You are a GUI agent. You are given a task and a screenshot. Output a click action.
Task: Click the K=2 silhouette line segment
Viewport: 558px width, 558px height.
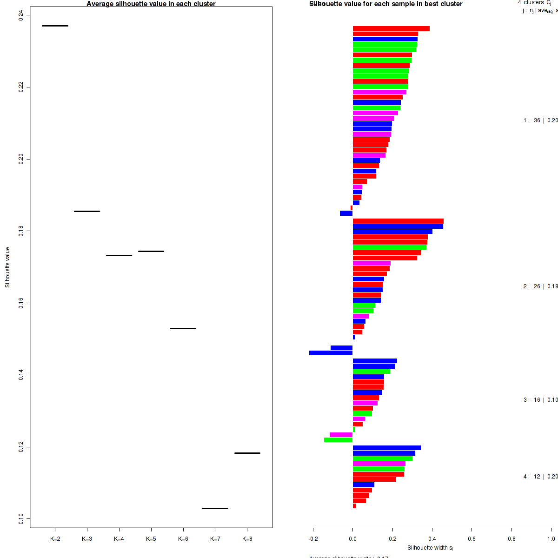click(55, 26)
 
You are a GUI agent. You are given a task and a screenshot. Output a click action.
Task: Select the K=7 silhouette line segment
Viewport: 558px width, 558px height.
click(215, 508)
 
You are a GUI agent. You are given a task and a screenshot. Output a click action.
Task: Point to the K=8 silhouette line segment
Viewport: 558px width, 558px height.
click(247, 453)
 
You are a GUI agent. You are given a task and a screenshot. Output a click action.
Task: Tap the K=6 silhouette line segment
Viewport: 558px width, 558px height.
click(183, 328)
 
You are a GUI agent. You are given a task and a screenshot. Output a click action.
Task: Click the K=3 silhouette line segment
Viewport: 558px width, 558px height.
click(87, 211)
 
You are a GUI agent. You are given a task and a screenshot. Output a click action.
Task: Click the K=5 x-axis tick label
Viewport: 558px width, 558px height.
click(151, 539)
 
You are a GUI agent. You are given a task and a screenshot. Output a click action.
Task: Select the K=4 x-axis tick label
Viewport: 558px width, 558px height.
click(119, 539)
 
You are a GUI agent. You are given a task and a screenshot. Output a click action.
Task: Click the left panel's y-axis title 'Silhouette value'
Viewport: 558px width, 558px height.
click(7, 267)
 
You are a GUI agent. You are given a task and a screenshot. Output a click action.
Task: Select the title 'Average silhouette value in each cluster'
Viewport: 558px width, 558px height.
click(151, 4)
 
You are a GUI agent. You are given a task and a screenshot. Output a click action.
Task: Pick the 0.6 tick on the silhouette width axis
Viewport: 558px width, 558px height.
click(472, 539)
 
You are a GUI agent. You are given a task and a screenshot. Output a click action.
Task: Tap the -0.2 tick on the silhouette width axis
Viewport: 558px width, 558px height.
click(313, 539)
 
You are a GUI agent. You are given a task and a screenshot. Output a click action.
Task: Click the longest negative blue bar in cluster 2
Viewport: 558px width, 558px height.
click(331, 353)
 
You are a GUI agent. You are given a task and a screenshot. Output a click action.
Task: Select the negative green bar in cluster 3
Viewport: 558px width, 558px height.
click(339, 440)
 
